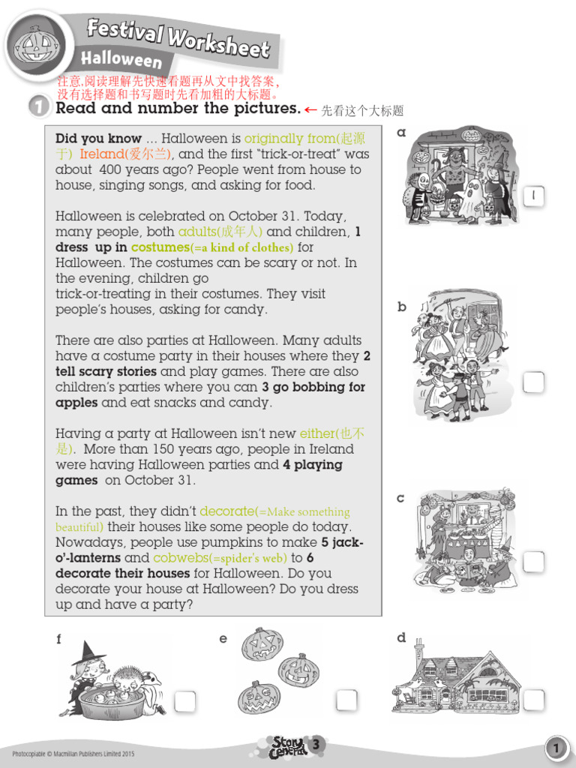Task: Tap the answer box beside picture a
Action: click(533, 196)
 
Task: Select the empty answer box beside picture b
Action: click(533, 382)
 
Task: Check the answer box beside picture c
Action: click(533, 562)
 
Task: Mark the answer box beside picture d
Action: click(533, 700)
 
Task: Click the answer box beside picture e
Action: click(346, 700)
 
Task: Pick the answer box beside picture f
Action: click(184, 701)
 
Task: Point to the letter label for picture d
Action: click(401, 638)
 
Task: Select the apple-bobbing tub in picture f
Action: click(112, 701)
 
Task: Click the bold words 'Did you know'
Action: click(98, 139)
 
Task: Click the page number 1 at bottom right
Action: click(556, 748)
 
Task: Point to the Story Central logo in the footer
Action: click(289, 747)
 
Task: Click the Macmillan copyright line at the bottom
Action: click(73, 752)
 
